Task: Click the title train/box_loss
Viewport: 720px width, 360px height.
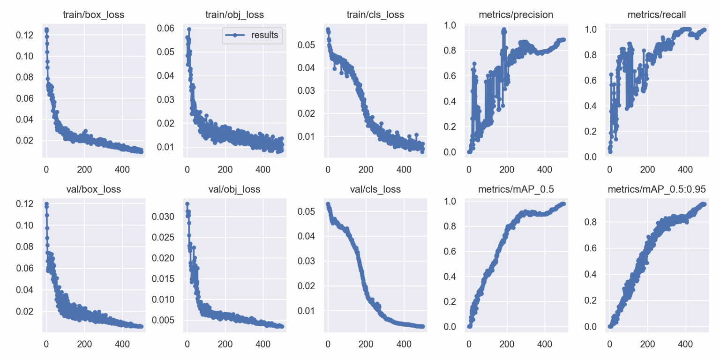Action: pos(94,15)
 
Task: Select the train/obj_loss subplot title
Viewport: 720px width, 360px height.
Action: pos(235,15)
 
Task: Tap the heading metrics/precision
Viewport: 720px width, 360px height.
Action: pos(516,15)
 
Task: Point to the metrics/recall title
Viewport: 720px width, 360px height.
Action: pos(657,15)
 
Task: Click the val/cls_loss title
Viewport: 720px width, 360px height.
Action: pos(375,189)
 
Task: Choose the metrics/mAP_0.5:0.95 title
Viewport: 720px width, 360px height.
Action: pos(657,189)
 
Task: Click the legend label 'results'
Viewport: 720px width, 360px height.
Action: pos(264,35)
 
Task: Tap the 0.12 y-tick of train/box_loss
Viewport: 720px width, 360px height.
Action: pos(25,35)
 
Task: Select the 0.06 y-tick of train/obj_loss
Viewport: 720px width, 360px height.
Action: pos(165,28)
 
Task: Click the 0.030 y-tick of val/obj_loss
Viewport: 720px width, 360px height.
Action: pos(163,216)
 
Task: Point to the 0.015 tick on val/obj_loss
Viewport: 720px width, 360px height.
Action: pos(163,279)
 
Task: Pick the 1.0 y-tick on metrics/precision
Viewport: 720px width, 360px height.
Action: pos(450,25)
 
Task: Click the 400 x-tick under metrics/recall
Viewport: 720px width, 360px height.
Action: pos(685,169)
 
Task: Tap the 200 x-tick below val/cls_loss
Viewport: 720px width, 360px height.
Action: pos(366,344)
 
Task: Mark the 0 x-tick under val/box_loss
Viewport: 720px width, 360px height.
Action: pos(46,344)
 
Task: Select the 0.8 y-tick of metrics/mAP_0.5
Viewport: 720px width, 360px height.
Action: pos(450,226)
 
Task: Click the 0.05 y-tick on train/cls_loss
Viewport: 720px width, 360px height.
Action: pos(306,45)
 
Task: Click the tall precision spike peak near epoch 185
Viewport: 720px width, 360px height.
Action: pos(504,30)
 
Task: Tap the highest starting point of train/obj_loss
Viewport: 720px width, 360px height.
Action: pos(189,29)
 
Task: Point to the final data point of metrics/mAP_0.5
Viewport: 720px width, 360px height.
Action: pos(563,204)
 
